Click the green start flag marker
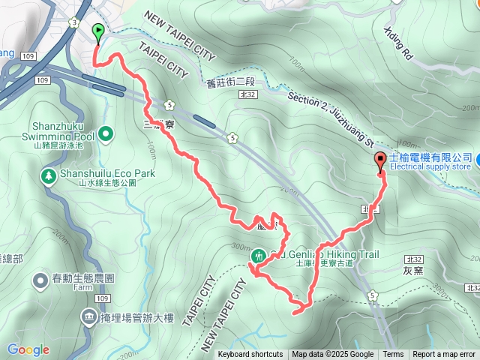point(98,31)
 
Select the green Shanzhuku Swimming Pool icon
point(106,135)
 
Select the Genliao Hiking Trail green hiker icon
point(258,256)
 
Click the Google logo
point(28,349)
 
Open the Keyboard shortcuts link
point(250,355)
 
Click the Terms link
point(393,355)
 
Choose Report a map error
point(444,355)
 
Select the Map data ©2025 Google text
point(332,355)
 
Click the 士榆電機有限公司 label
point(430,157)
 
